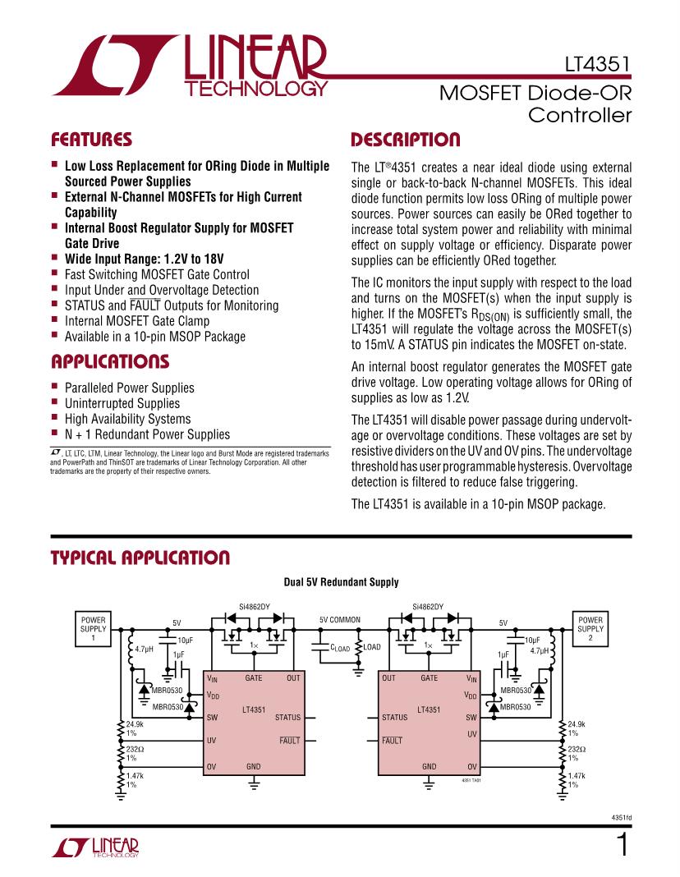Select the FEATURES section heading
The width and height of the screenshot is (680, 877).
pyautogui.click(x=91, y=139)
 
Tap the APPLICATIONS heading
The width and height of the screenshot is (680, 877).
pyautogui.click(x=110, y=362)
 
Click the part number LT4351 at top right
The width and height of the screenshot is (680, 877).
pyautogui.click(x=598, y=63)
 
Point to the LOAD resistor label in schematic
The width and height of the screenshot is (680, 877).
pyautogui.click(x=371, y=647)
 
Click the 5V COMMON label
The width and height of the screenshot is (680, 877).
pyautogui.click(x=340, y=619)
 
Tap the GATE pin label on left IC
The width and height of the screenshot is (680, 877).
pyautogui.click(x=254, y=678)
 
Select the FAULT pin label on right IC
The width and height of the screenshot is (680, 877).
pyautogui.click(x=393, y=741)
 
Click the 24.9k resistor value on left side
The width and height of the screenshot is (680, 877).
pyautogui.click(x=136, y=724)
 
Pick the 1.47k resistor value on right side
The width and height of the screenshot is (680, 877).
pyautogui.click(x=578, y=776)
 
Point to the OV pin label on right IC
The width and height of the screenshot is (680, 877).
pyautogui.click(x=472, y=766)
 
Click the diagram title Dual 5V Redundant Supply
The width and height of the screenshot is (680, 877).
pyautogui.click(x=341, y=582)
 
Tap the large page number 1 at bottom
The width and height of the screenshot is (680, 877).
pyautogui.click(x=622, y=846)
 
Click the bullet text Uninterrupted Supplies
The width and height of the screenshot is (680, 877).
pyautogui.click(x=122, y=403)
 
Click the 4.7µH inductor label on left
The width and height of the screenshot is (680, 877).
pyautogui.click(x=145, y=650)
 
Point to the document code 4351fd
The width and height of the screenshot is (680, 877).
pyautogui.click(x=622, y=818)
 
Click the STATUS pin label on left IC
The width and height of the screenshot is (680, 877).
pyautogui.click(x=287, y=718)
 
